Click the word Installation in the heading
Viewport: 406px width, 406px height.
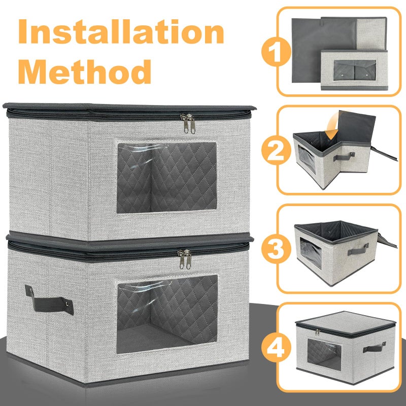point(121,31)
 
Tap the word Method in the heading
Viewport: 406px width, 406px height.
point(85,71)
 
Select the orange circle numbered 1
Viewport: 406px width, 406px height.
point(276,51)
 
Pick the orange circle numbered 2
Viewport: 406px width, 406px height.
point(276,150)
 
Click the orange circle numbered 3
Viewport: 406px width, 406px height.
point(276,249)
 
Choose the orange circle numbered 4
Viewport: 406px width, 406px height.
point(276,348)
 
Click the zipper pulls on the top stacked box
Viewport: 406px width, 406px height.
point(188,123)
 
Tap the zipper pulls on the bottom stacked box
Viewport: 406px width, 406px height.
point(185,259)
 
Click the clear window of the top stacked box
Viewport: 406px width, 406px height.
point(167,177)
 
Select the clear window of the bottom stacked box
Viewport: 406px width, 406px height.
point(167,314)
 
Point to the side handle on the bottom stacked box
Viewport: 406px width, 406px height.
point(49,301)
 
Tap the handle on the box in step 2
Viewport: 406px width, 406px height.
point(344,156)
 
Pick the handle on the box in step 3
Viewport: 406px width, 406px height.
point(358,249)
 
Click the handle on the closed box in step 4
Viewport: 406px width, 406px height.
point(374,347)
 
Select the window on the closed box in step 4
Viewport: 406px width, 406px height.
point(324,354)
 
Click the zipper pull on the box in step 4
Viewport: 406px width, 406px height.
point(318,332)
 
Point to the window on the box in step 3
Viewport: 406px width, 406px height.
point(311,253)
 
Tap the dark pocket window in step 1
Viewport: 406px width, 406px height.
point(354,70)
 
